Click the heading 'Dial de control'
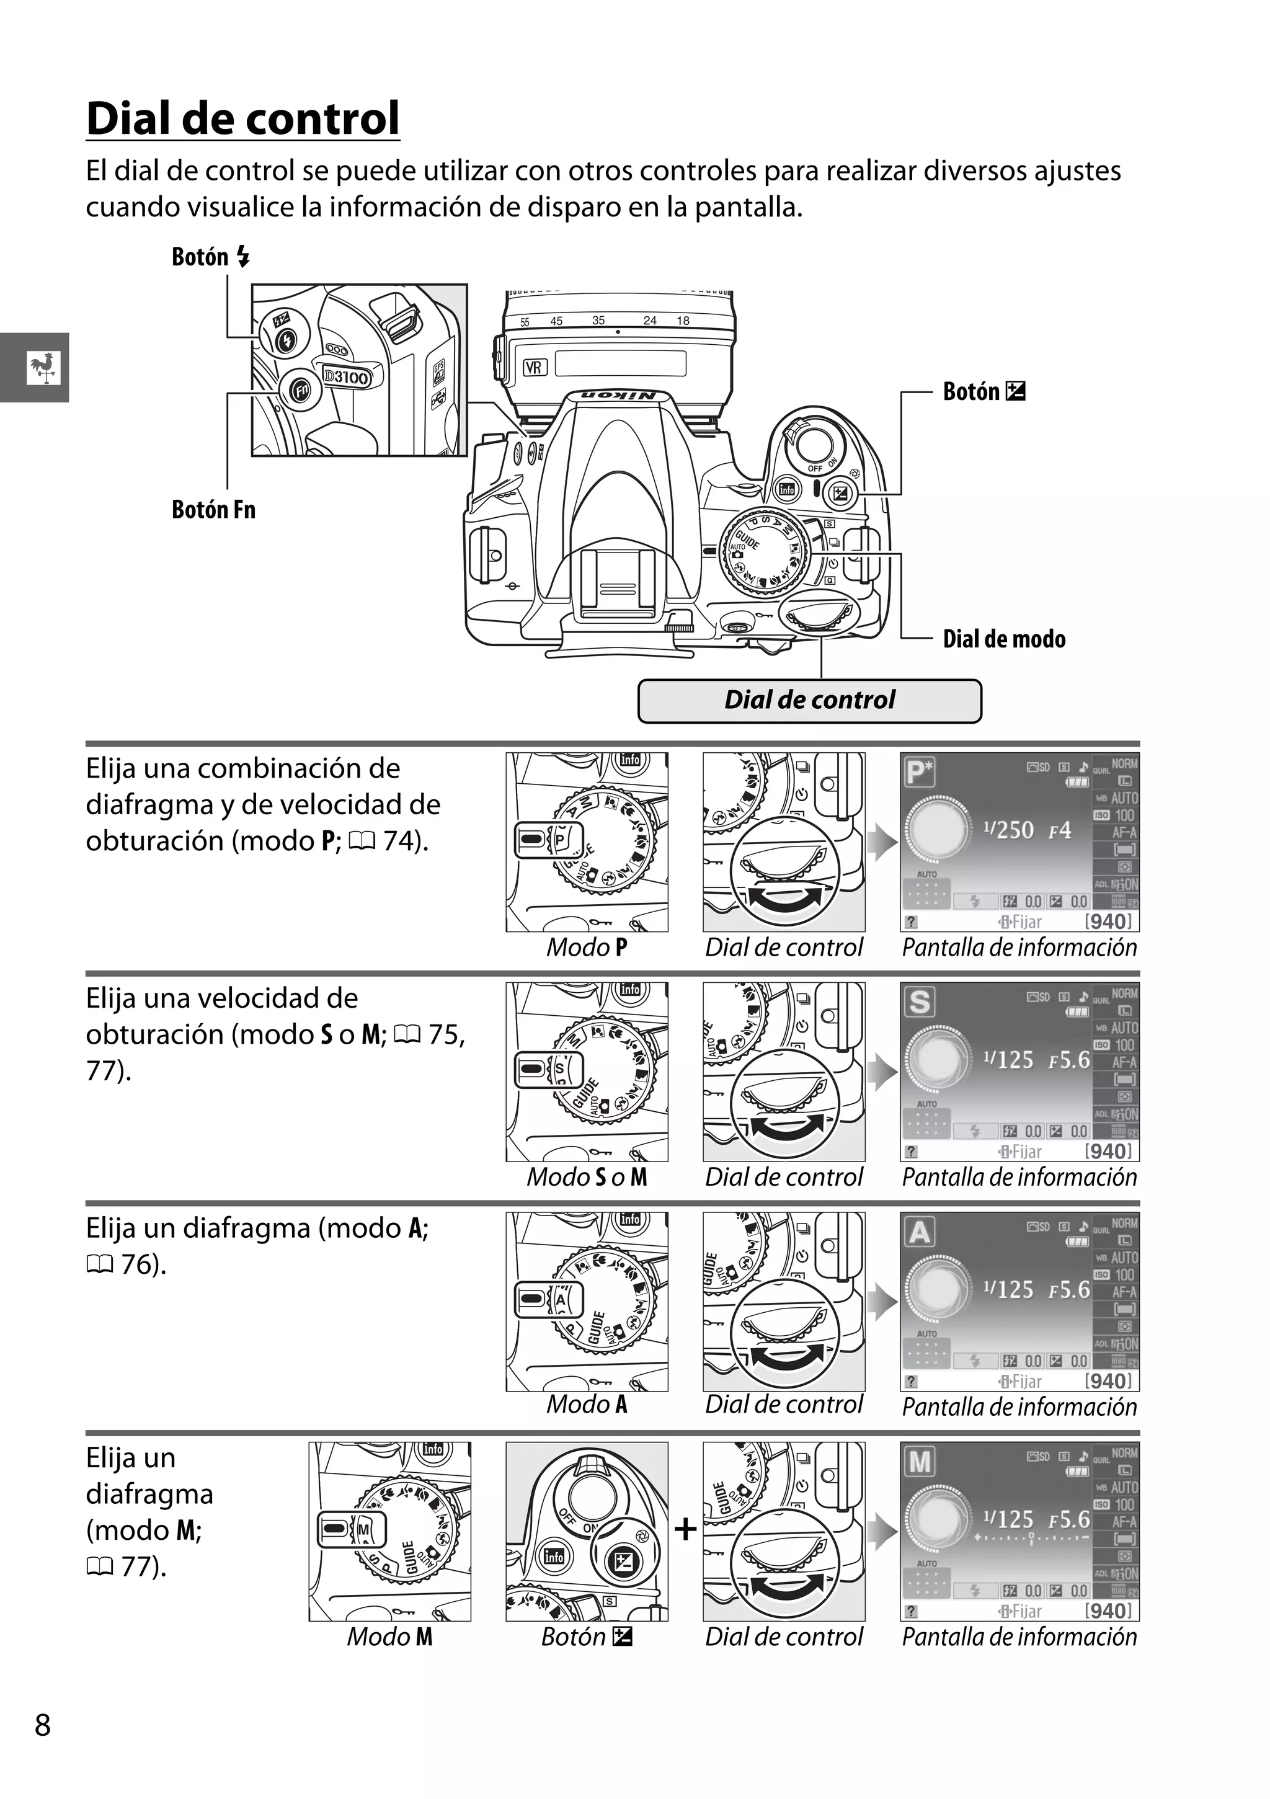pyautogui.click(x=243, y=118)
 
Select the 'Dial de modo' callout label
pyautogui.click(x=1003, y=639)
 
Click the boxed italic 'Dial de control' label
pyautogui.click(x=809, y=700)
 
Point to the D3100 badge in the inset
pyautogui.click(x=345, y=377)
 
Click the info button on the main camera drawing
pyautogui.click(x=786, y=490)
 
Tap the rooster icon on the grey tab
pyautogui.click(x=42, y=368)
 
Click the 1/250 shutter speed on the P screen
pyautogui.click(x=1008, y=830)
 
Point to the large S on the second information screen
pyautogui.click(x=920, y=1002)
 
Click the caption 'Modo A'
pyautogui.click(x=587, y=1404)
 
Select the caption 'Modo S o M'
pyautogui.click(x=587, y=1177)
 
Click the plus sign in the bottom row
pyautogui.click(x=685, y=1529)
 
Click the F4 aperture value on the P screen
pyautogui.click(x=1059, y=830)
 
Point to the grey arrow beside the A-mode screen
pyautogui.click(x=884, y=1302)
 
